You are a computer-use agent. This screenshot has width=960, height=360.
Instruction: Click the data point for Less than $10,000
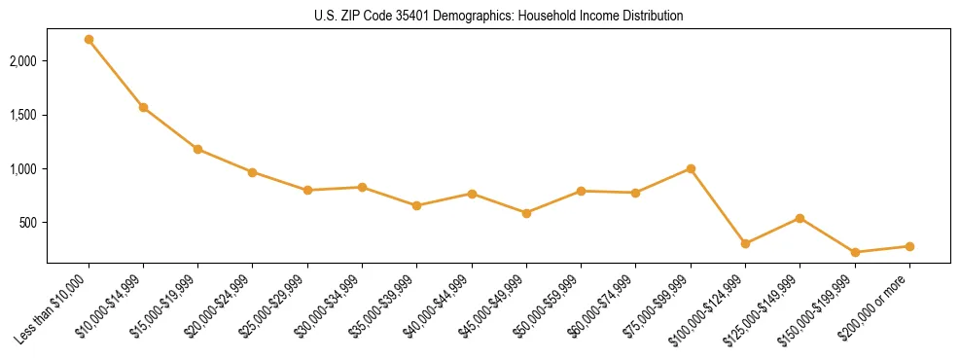89,40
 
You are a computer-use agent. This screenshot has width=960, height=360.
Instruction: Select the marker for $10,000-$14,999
143,107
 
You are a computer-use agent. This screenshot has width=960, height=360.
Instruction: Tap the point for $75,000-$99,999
691,168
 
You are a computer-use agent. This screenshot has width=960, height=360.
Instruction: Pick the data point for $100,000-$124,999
745,243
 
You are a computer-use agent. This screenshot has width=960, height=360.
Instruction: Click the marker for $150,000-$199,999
855,252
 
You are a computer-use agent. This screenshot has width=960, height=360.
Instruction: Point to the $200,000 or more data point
909,246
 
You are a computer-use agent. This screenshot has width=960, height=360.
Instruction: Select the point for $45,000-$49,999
526,213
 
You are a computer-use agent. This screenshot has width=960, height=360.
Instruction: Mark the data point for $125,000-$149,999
800,218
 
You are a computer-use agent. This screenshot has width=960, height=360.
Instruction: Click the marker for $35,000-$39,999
416,205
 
